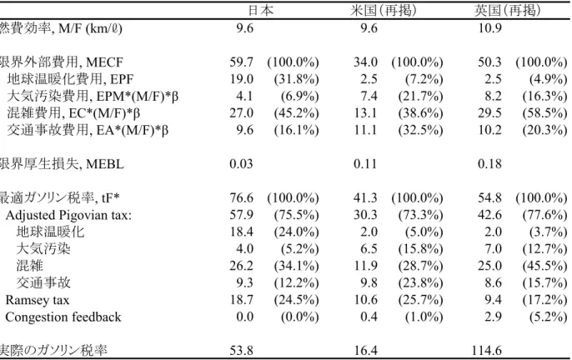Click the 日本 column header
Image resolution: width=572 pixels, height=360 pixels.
(260, 10)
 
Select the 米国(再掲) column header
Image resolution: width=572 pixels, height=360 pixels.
(383, 10)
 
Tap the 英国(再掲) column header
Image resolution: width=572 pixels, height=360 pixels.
(507, 10)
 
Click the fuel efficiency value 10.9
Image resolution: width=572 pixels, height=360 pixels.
(490, 27)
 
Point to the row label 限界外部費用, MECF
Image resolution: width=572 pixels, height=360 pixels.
(62, 62)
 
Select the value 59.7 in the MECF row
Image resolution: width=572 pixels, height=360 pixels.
(241, 62)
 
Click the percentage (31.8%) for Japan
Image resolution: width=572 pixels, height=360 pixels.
(296, 79)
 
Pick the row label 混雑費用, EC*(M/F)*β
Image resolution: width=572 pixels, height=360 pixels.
(73, 113)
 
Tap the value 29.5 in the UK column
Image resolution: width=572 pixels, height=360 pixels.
(490, 113)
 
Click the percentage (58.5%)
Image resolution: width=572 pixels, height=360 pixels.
(544, 113)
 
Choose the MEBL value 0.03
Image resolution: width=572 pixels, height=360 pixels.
(241, 164)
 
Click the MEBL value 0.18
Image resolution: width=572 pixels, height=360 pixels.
(490, 164)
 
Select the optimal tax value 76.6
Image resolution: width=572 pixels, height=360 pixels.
(241, 197)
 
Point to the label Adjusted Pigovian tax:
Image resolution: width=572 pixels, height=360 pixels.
(68, 215)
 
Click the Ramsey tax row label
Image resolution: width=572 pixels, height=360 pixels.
(38, 300)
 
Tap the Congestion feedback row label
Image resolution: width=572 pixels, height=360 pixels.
(63, 317)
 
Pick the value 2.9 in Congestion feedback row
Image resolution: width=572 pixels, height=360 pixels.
(494, 317)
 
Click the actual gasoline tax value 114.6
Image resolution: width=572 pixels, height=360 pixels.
(487, 351)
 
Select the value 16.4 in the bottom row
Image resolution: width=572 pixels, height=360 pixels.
(365, 351)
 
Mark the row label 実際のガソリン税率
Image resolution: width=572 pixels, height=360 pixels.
(53, 351)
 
